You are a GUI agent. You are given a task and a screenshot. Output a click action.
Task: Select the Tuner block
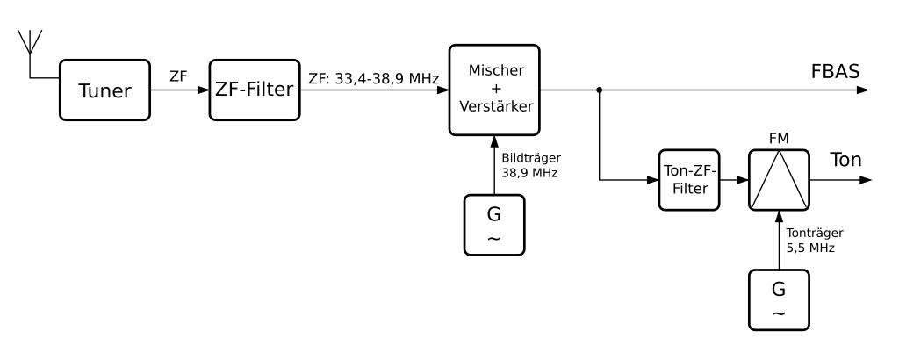pyautogui.click(x=103, y=90)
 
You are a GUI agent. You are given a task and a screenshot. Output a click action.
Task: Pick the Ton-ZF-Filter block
pyautogui.click(x=687, y=180)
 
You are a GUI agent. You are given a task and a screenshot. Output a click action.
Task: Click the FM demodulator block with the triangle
pyautogui.click(x=778, y=180)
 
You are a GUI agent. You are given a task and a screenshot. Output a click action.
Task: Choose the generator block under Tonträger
pyautogui.click(x=778, y=300)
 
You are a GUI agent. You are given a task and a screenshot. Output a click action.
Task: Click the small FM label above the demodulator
pyautogui.click(x=778, y=138)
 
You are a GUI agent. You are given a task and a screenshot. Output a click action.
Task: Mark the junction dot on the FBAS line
pyautogui.click(x=600, y=90)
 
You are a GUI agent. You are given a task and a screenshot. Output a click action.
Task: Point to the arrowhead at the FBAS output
pyautogui.click(x=865, y=90)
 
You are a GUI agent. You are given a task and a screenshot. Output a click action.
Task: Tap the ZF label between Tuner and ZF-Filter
pyautogui.click(x=179, y=76)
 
